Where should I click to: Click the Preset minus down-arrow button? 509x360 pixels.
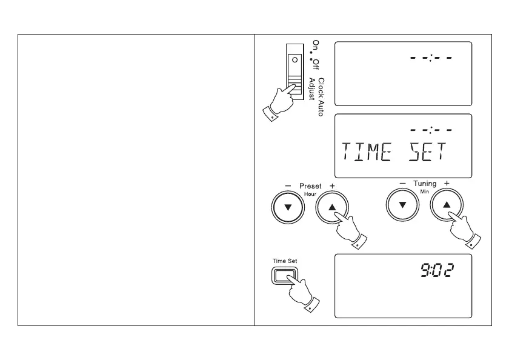[288, 207]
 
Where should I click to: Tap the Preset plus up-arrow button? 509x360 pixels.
[332, 207]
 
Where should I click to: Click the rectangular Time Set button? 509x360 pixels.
[282, 276]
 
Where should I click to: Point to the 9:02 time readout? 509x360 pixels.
[437, 270]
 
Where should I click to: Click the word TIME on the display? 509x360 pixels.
[367, 152]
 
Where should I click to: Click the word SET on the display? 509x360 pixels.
[427, 152]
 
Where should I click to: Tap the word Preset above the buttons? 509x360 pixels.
[310, 186]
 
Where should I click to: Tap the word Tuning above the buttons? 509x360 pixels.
[425, 183]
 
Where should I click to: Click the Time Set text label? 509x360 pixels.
[285, 261]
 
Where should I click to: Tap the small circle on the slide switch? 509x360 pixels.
[294, 61]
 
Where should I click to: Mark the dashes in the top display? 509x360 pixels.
[431, 58]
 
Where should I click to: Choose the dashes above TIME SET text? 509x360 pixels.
[431, 129]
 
